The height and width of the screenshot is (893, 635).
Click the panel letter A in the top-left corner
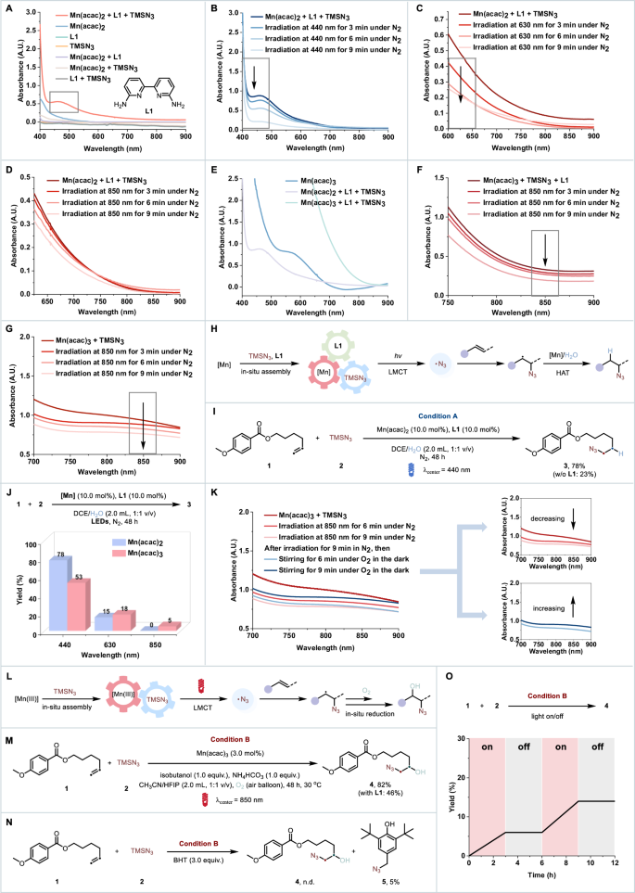[6, 7]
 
